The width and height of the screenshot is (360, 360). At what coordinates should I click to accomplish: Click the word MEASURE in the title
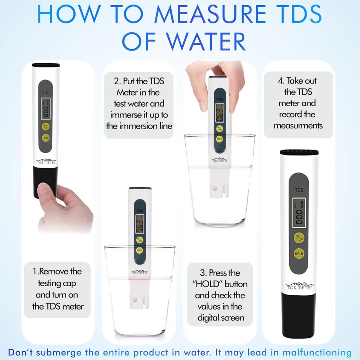pyautogui.click(x=211, y=14)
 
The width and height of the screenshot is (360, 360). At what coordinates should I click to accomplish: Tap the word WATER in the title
pyautogui.click(x=206, y=42)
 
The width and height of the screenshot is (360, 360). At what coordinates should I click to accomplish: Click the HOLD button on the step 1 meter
pyautogui.click(x=46, y=138)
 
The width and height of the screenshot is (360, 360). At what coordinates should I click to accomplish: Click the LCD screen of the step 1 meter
pyautogui.click(x=46, y=108)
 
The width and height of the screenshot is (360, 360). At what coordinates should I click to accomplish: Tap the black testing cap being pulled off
pyautogui.click(x=45, y=182)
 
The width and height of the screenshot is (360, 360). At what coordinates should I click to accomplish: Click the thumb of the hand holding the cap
pyautogui.click(x=46, y=194)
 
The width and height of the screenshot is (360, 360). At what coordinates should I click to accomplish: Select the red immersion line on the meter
pyautogui.click(x=139, y=279)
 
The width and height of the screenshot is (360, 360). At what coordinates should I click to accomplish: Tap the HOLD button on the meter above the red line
pyautogui.click(x=139, y=250)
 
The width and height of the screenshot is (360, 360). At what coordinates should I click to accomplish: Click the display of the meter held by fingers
pyautogui.click(x=220, y=113)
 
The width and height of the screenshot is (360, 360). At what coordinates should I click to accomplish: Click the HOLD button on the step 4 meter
pyautogui.click(x=299, y=254)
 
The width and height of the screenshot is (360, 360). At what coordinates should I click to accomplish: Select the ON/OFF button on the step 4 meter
pyautogui.click(x=299, y=238)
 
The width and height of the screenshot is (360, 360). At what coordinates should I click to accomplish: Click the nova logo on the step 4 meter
pyautogui.click(x=299, y=286)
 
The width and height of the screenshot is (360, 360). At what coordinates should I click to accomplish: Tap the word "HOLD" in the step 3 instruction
pyautogui.click(x=206, y=284)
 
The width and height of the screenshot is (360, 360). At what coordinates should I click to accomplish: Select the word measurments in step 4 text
pyautogui.click(x=298, y=126)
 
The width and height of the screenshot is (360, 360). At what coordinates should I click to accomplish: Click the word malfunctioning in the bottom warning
pyautogui.click(x=317, y=352)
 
